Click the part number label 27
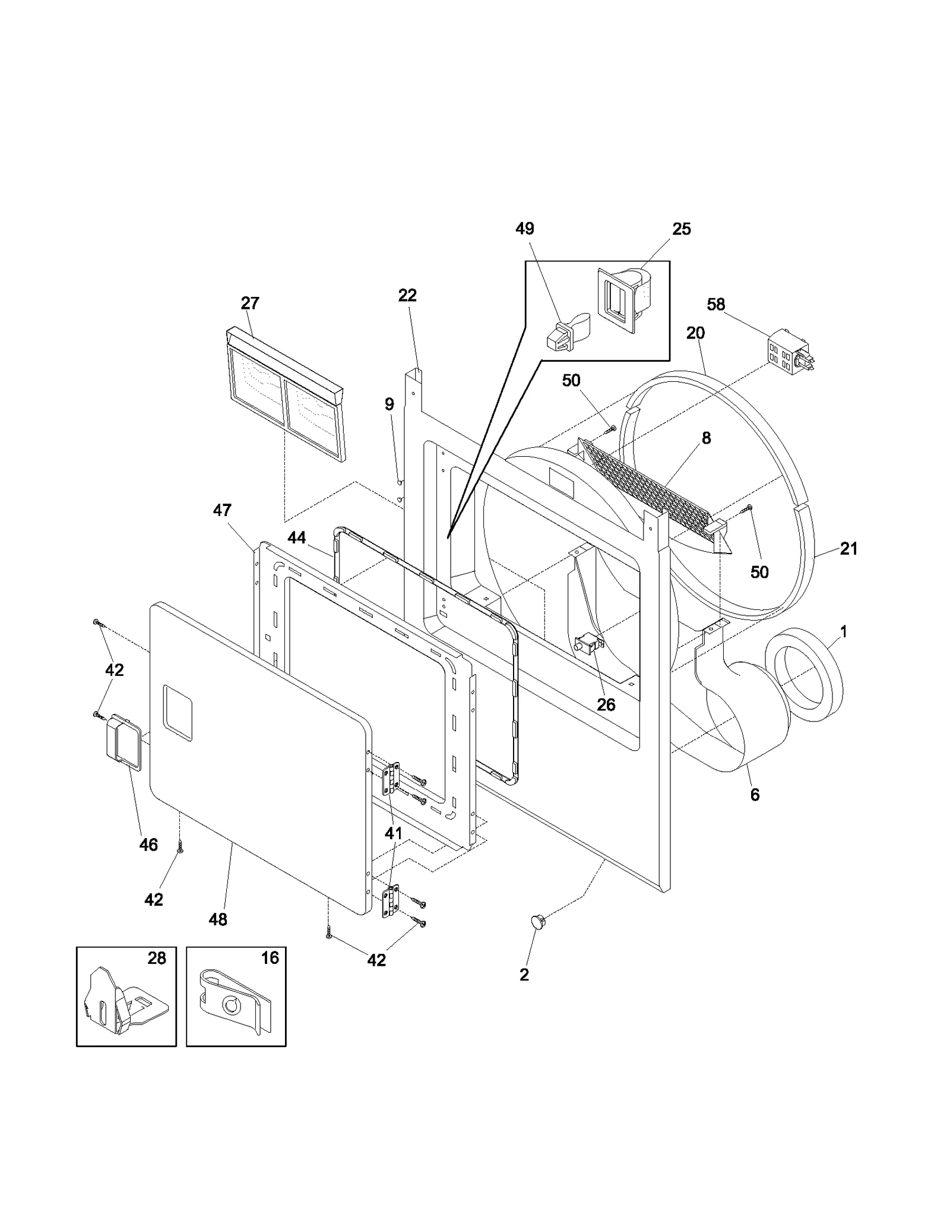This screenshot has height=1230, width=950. [250, 303]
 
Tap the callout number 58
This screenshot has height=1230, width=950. [716, 305]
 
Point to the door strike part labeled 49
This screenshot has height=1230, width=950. [566, 335]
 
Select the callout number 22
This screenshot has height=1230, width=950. [407, 296]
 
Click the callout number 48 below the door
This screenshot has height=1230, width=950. [218, 919]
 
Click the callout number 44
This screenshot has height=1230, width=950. [297, 538]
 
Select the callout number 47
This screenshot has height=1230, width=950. [222, 510]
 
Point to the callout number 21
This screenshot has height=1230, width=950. [848, 549]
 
